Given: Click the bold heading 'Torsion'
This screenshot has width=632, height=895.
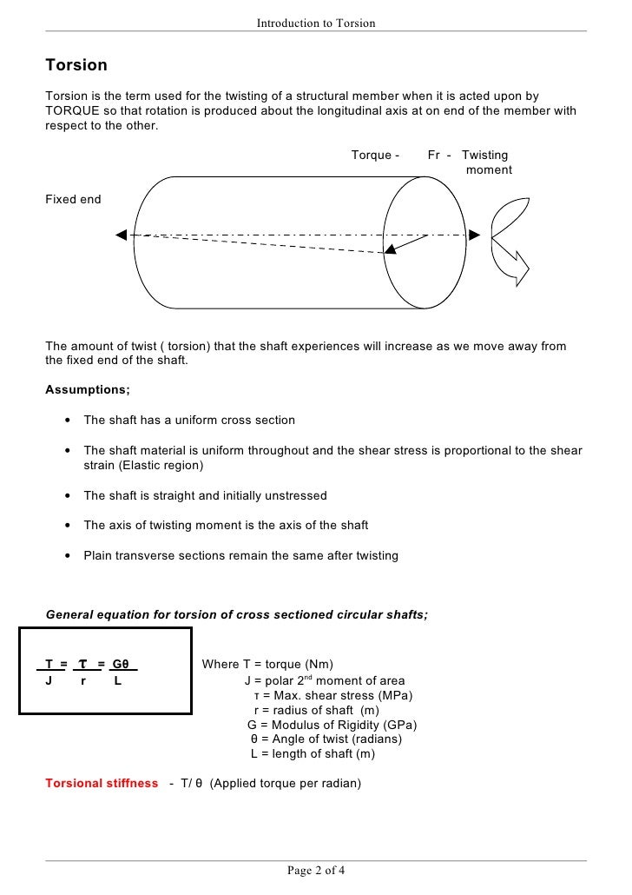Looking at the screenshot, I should click(x=76, y=65).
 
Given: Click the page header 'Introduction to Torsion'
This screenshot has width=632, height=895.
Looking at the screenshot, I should click(x=316, y=23).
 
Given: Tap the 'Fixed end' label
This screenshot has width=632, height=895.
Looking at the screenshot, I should click(x=73, y=200).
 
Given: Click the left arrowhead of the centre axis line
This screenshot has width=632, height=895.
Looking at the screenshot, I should click(x=122, y=235).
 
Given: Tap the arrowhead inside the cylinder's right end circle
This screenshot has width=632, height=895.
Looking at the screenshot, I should click(x=391, y=249).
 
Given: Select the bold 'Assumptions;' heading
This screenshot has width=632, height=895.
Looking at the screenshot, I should click(x=88, y=389).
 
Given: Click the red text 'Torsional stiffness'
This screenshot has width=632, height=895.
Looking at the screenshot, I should click(x=102, y=784).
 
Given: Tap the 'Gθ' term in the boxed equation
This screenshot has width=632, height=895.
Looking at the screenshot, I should click(x=121, y=666).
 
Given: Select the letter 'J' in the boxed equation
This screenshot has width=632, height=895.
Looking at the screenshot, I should click(x=49, y=682).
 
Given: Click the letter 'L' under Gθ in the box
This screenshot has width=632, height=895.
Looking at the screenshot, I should click(x=117, y=682).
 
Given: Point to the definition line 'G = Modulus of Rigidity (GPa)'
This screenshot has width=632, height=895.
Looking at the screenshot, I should click(x=332, y=725).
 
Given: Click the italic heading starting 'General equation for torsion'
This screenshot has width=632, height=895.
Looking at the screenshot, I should click(x=236, y=614).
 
